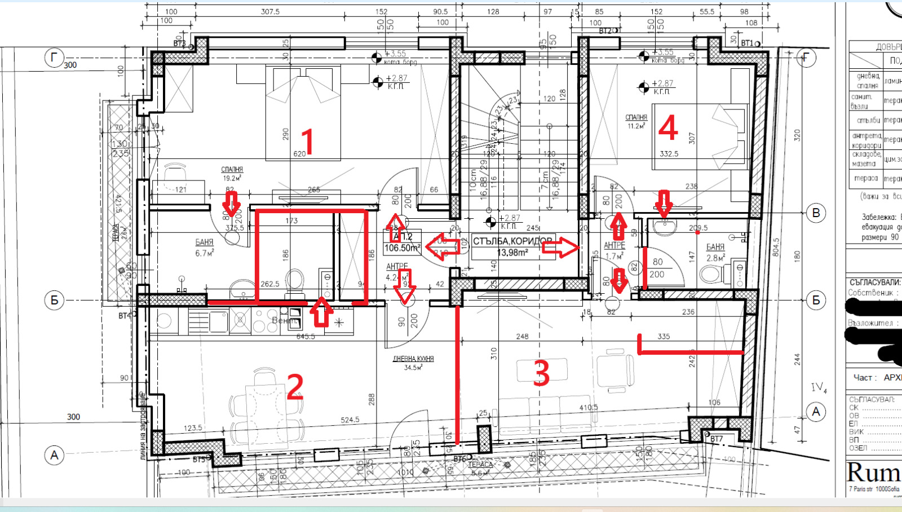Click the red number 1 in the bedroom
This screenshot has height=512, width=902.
(x=307, y=141)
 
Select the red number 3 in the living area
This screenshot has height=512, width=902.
(x=541, y=373)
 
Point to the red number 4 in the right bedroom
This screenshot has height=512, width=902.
(x=668, y=127)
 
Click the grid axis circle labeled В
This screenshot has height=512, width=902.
(x=816, y=213)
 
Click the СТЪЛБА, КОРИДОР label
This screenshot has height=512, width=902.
(x=512, y=241)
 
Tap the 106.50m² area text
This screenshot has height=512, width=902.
(x=402, y=248)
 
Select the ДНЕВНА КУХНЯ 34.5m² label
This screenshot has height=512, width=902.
(x=413, y=363)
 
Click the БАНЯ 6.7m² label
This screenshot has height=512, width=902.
(x=204, y=248)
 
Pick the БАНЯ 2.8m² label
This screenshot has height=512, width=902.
(x=715, y=252)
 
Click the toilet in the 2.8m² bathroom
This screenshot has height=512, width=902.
(x=712, y=274)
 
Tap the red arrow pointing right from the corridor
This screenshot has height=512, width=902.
(x=561, y=247)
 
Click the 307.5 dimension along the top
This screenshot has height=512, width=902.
(x=270, y=11)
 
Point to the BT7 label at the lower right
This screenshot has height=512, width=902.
(x=716, y=439)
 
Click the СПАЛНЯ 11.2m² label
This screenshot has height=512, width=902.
(x=636, y=121)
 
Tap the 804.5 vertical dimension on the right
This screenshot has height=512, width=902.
(x=776, y=247)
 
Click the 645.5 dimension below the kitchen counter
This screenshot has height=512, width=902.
(x=306, y=336)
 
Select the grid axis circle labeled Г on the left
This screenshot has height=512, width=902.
(x=54, y=58)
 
